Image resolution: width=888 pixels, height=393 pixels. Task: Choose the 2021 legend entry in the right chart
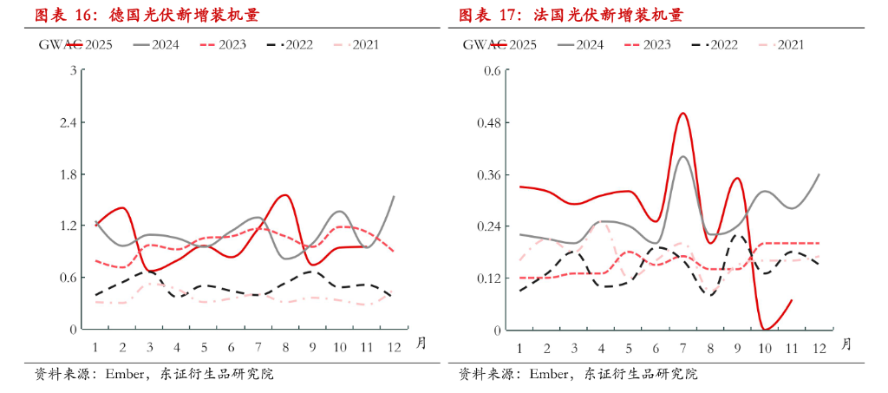(x=784, y=44)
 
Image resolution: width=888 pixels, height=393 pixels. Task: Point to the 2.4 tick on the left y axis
(x=65, y=122)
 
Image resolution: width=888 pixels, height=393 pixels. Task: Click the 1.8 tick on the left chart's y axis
(x=65, y=174)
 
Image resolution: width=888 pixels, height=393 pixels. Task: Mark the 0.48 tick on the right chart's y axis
(x=489, y=122)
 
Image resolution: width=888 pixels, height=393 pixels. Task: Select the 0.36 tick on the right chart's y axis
(x=489, y=174)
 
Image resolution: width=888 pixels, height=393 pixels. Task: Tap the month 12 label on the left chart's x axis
(x=394, y=348)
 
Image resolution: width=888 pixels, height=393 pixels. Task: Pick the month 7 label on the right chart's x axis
(x=682, y=348)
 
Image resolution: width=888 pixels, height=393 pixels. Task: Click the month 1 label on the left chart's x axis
(x=95, y=348)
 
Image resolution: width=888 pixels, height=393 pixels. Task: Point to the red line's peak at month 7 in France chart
(x=682, y=113)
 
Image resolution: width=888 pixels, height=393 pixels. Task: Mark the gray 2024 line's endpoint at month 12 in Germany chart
(x=394, y=196)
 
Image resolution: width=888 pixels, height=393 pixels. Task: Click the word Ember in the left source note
(x=126, y=375)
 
